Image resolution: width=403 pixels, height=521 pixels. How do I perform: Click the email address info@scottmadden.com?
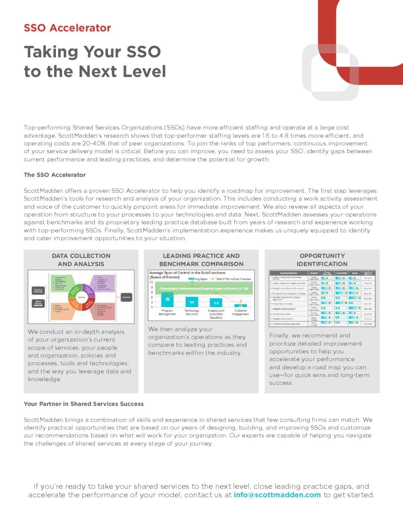tap(277, 495)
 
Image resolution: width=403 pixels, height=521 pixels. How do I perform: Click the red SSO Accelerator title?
tap(68, 28)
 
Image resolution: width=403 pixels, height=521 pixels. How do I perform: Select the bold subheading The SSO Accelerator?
tap(55, 175)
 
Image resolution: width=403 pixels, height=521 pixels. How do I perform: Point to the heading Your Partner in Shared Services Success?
tap(84, 404)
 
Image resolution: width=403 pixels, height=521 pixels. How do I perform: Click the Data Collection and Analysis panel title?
tap(81, 260)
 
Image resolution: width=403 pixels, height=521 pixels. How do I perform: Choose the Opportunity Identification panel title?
tap(322, 260)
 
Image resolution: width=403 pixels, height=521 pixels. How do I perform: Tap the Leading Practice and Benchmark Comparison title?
tap(201, 260)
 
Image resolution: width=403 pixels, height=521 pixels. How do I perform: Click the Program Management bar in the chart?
tap(168, 300)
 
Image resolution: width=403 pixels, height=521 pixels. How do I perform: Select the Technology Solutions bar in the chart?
tap(192, 302)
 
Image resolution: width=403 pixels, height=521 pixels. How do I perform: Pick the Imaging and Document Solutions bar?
tap(216, 303)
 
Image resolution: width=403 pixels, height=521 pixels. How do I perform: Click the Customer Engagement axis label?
tap(240, 312)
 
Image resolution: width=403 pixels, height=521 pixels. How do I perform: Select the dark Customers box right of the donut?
tap(126, 297)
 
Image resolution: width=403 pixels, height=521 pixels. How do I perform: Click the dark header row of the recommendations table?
tap(322, 273)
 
